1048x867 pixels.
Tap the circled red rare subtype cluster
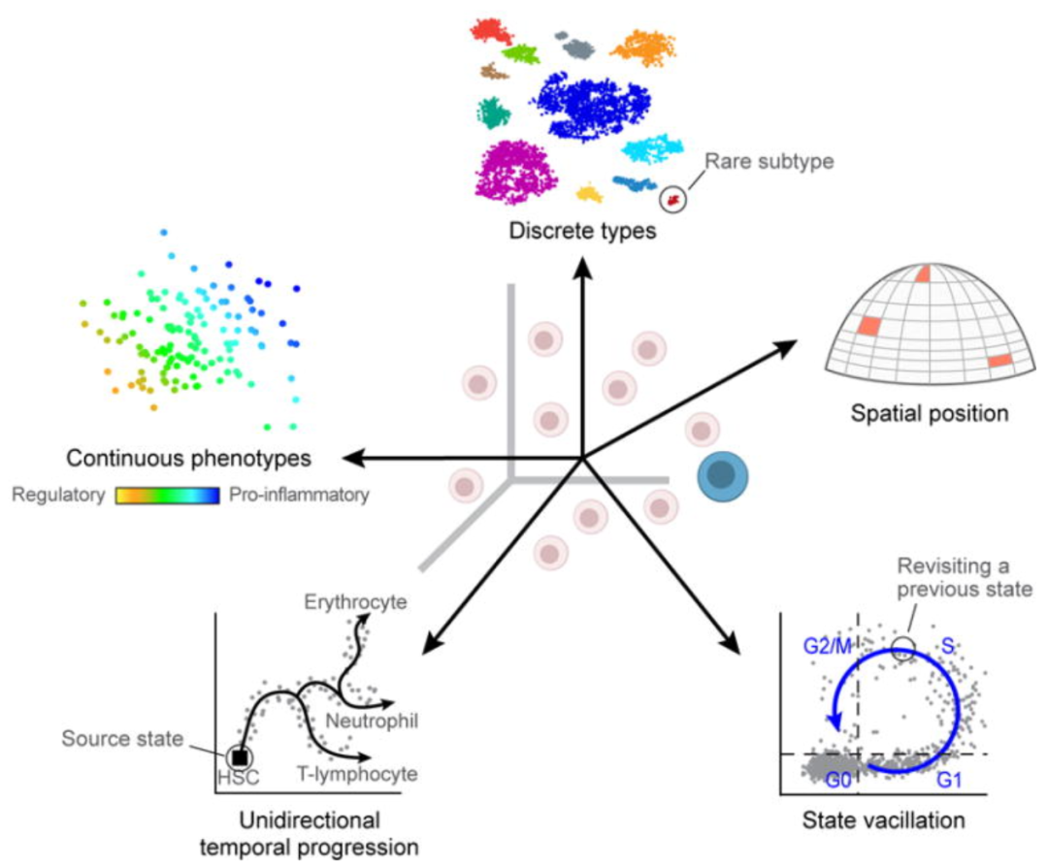click(671, 200)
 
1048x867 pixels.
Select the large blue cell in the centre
click(721, 474)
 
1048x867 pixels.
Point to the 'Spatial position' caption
click(930, 414)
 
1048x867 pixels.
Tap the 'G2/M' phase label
click(828, 643)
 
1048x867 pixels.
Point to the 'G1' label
click(949, 778)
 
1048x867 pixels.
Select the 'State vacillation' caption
click(883, 820)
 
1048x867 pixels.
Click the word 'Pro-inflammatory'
click(300, 496)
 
